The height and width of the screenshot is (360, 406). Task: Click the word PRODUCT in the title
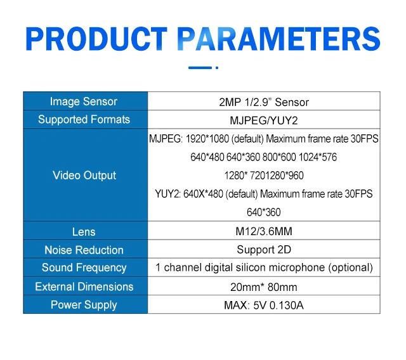(x=96, y=39)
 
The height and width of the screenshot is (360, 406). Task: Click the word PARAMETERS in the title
(x=279, y=39)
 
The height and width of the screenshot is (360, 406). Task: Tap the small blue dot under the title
(x=217, y=68)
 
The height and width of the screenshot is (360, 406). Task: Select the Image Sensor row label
(x=84, y=101)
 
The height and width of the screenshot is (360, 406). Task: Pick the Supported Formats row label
(x=84, y=120)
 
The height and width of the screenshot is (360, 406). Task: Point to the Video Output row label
(x=84, y=176)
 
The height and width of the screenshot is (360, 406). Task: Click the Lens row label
(x=84, y=232)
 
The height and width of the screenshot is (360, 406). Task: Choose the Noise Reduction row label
(x=84, y=250)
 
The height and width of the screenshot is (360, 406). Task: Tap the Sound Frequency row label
(x=84, y=267)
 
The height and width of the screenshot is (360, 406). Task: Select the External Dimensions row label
(x=84, y=286)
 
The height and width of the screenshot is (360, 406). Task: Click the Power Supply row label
(x=84, y=305)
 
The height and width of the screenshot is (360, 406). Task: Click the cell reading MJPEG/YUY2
(x=264, y=120)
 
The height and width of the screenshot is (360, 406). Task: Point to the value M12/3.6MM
(x=264, y=231)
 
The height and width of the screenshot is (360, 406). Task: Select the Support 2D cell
(x=264, y=250)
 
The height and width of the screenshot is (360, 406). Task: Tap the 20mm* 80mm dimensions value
(x=264, y=287)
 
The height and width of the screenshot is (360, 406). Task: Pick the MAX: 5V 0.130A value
(x=264, y=305)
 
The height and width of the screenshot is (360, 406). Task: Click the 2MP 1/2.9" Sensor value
(x=264, y=102)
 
